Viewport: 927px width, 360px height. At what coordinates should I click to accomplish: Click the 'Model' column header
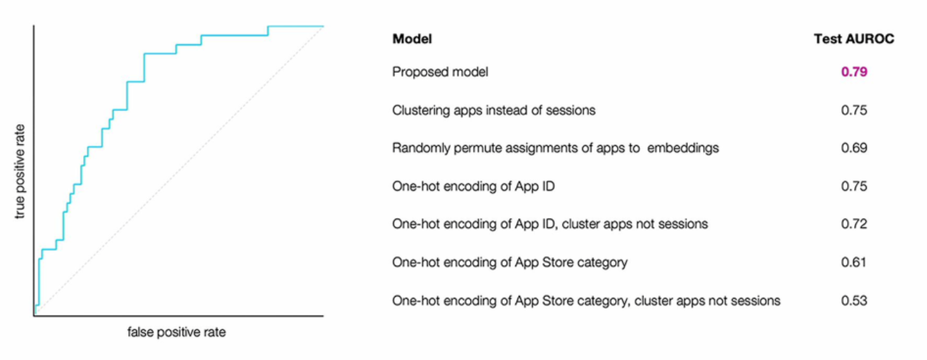(x=412, y=39)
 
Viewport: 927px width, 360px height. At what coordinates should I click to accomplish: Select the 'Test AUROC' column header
(x=853, y=39)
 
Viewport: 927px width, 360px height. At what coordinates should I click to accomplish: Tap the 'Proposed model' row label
(x=440, y=72)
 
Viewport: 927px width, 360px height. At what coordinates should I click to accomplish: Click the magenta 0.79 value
(x=853, y=72)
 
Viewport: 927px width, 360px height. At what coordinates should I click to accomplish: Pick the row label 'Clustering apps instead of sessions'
(x=494, y=110)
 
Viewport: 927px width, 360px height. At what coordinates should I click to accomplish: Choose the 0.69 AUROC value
(x=853, y=148)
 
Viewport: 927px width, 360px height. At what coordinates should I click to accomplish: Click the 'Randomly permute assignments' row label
(x=555, y=148)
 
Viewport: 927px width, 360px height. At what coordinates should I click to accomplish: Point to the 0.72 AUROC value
(x=853, y=224)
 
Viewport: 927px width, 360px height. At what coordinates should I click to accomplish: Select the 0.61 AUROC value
(x=853, y=262)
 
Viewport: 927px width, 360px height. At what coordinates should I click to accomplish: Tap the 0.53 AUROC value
(x=853, y=300)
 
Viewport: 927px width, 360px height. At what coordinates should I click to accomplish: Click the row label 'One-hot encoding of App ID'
(x=474, y=186)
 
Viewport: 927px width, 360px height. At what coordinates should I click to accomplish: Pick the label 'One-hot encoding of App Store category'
(x=510, y=262)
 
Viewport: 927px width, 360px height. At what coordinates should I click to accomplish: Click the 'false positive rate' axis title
(x=176, y=332)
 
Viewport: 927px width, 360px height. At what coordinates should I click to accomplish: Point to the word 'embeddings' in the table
(x=683, y=148)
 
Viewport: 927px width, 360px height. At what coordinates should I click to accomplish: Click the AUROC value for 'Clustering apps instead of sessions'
(x=853, y=110)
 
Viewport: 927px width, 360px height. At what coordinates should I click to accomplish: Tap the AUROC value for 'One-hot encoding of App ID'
(x=853, y=186)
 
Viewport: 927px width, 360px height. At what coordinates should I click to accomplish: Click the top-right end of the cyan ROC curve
(x=322, y=27)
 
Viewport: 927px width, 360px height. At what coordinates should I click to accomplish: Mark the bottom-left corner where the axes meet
(x=34, y=315)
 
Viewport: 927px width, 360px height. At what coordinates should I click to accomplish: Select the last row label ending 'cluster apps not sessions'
(x=586, y=300)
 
